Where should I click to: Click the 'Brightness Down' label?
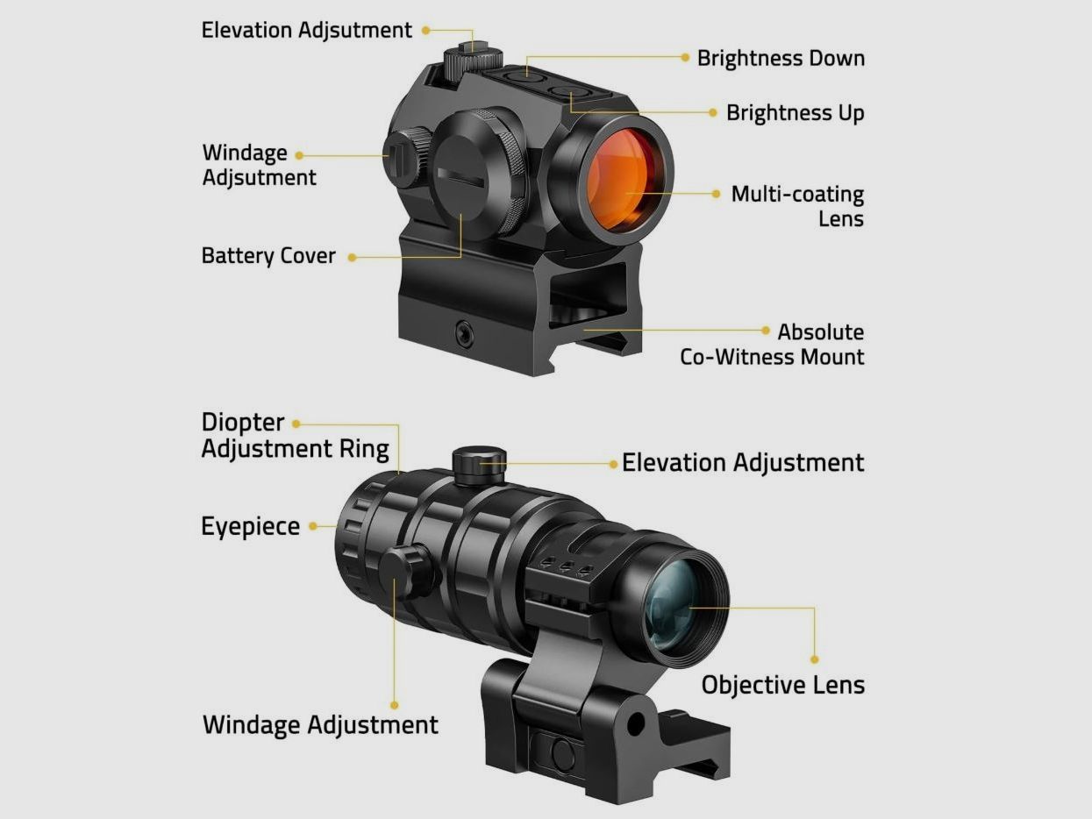click(x=781, y=59)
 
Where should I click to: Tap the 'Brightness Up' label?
click(x=795, y=113)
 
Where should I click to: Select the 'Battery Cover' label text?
click(x=268, y=256)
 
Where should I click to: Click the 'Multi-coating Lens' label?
click(x=797, y=206)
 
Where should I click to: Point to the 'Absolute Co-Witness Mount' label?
click(x=772, y=345)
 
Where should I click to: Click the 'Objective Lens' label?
click(x=783, y=685)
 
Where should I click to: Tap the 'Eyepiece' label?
click(x=250, y=527)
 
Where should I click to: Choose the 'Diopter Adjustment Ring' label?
click(x=295, y=436)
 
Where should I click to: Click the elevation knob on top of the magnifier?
click(x=479, y=465)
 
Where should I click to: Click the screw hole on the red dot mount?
click(x=465, y=331)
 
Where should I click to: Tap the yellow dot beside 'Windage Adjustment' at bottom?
click(x=394, y=705)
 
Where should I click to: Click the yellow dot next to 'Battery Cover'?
click(x=353, y=257)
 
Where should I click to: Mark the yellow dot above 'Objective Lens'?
click(x=815, y=659)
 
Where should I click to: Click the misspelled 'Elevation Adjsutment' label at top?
click(x=306, y=31)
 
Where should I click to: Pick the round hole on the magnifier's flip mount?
click(x=636, y=723)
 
